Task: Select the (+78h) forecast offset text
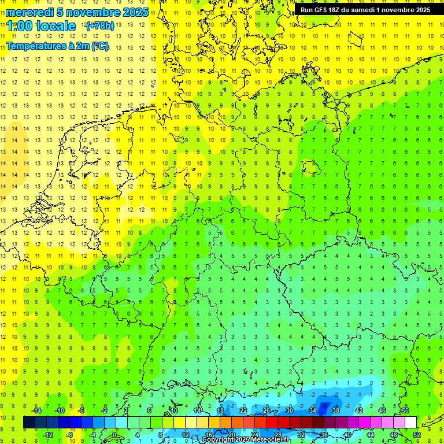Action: coord(99,26)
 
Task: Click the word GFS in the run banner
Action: coord(325,10)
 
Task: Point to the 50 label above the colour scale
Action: coord(405,410)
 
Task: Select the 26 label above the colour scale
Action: coord(267,410)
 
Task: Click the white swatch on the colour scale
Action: coord(410,423)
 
